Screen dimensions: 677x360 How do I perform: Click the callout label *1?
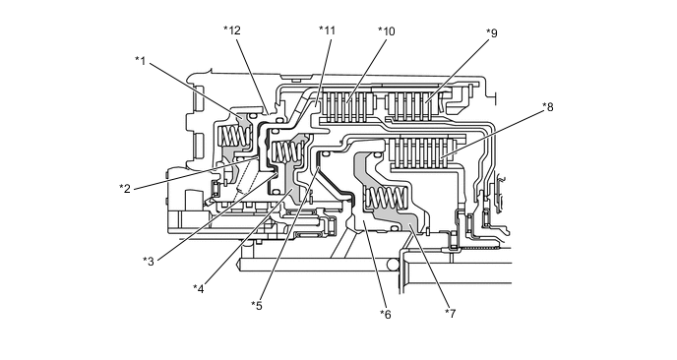coord(141,61)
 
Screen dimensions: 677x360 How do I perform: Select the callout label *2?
coord(125,189)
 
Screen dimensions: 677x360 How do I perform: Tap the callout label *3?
coord(149,262)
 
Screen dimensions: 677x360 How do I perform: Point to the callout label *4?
coord(199,289)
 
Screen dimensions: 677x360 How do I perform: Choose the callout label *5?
coord(257,306)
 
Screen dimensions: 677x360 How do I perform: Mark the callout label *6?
coord(386,315)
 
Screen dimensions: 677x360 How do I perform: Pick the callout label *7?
coord(451,314)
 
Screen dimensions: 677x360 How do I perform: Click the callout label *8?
coord(547,107)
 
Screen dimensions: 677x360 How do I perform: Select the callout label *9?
coord(492,32)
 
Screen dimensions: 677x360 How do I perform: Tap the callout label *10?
coord(387,31)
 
